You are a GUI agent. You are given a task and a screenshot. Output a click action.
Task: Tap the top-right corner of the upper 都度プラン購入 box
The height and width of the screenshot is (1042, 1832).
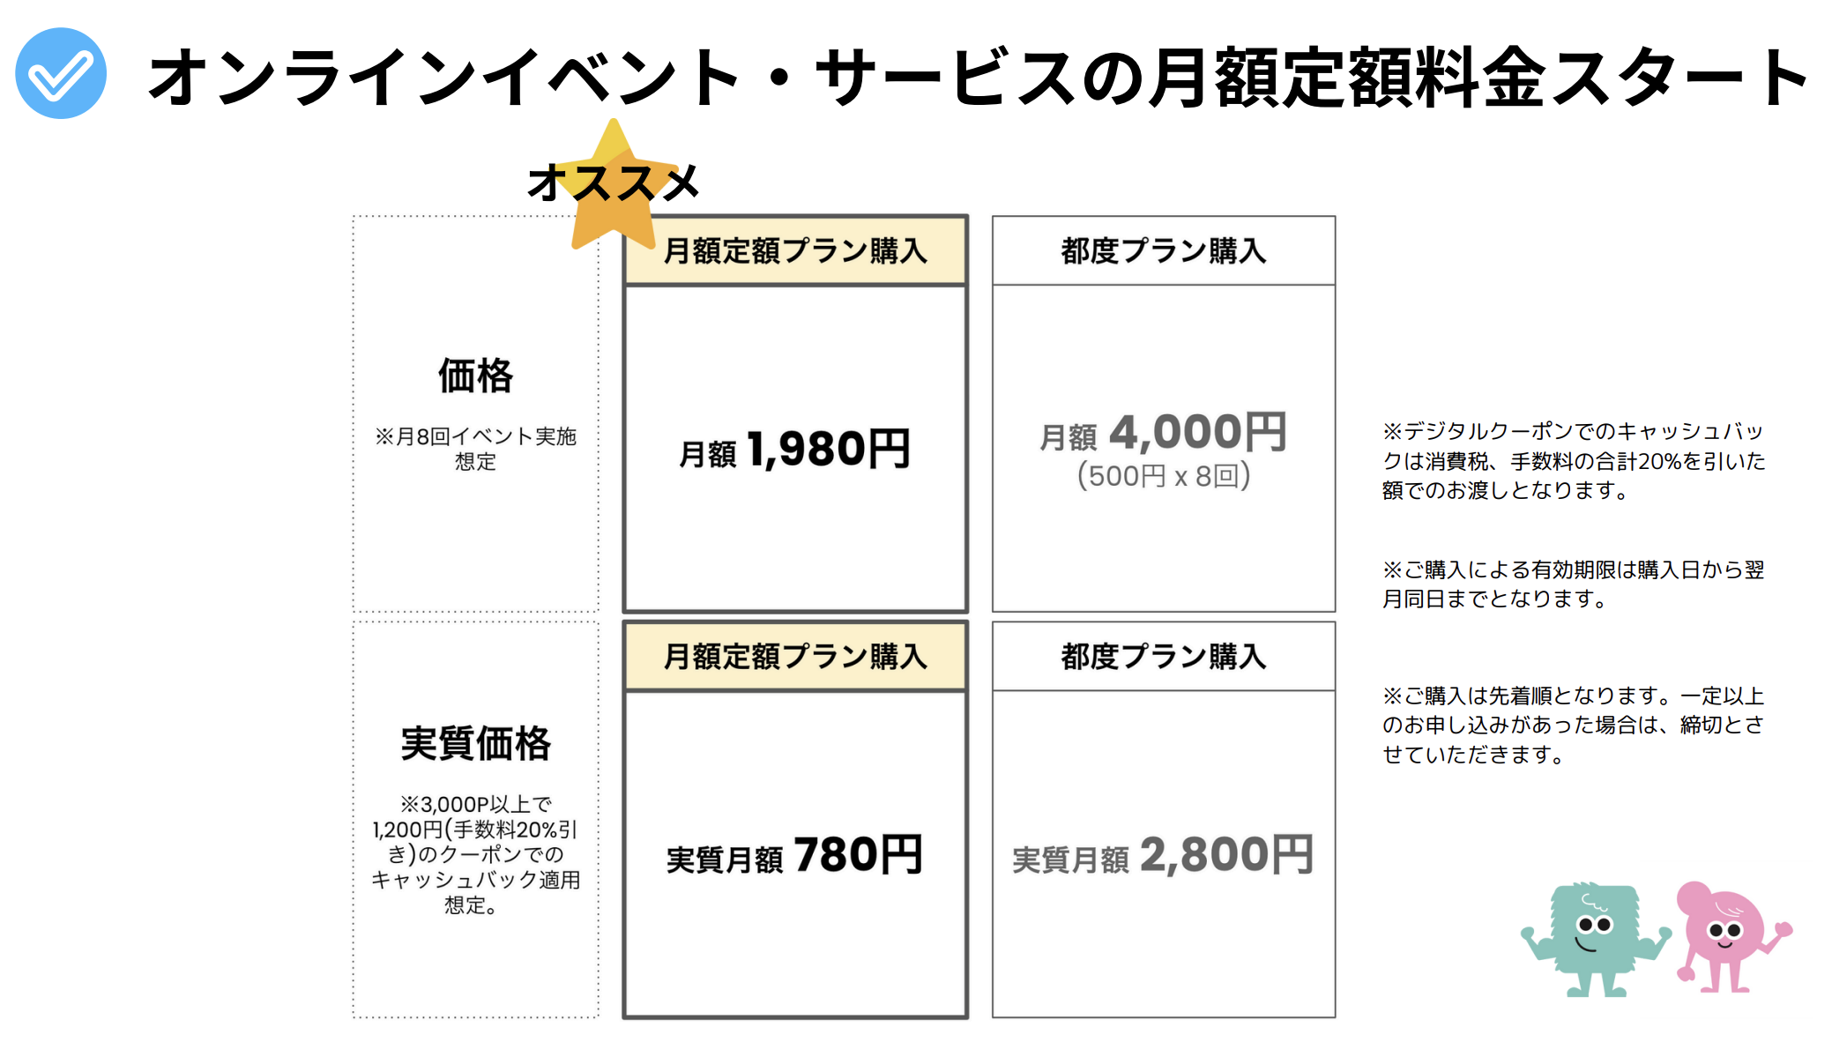pos(1335,217)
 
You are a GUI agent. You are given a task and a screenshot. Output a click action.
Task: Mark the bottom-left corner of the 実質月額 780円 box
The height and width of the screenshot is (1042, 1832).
pos(625,1017)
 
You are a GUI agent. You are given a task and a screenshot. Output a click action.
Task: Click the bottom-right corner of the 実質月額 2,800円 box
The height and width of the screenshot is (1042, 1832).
pos(1335,1017)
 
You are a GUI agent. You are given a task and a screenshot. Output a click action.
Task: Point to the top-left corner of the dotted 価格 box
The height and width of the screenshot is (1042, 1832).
pos(354,217)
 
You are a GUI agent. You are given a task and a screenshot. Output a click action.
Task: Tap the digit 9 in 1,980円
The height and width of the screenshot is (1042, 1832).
pos(795,449)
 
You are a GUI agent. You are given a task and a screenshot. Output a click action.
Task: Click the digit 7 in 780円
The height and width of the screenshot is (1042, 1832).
pos(809,854)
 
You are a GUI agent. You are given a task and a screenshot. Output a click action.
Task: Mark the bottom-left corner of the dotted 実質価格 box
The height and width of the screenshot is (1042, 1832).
pos(354,1017)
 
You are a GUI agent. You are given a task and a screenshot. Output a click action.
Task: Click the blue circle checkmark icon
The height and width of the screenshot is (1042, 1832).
pos(61,73)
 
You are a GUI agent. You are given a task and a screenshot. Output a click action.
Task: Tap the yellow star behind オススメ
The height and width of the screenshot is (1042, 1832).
pos(614,190)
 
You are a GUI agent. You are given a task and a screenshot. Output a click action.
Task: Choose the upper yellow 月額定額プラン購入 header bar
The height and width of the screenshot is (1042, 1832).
pos(795,251)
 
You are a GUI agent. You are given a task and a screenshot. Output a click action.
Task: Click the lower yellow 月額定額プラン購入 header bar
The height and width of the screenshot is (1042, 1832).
pos(795,657)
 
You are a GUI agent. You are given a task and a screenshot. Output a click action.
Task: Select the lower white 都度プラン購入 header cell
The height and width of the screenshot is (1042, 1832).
pos(1164,657)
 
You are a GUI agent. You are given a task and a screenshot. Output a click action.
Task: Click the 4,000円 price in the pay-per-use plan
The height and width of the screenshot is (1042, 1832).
pos(1198,433)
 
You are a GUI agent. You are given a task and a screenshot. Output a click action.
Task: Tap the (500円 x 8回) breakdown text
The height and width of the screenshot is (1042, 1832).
pos(1164,476)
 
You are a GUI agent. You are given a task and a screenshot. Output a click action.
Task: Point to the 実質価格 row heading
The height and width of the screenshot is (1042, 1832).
pos(476,743)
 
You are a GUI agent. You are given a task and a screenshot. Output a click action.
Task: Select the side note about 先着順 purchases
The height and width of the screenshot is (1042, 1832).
pos(1573,725)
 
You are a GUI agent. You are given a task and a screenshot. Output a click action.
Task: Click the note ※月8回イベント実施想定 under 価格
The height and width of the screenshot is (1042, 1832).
pos(476,449)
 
